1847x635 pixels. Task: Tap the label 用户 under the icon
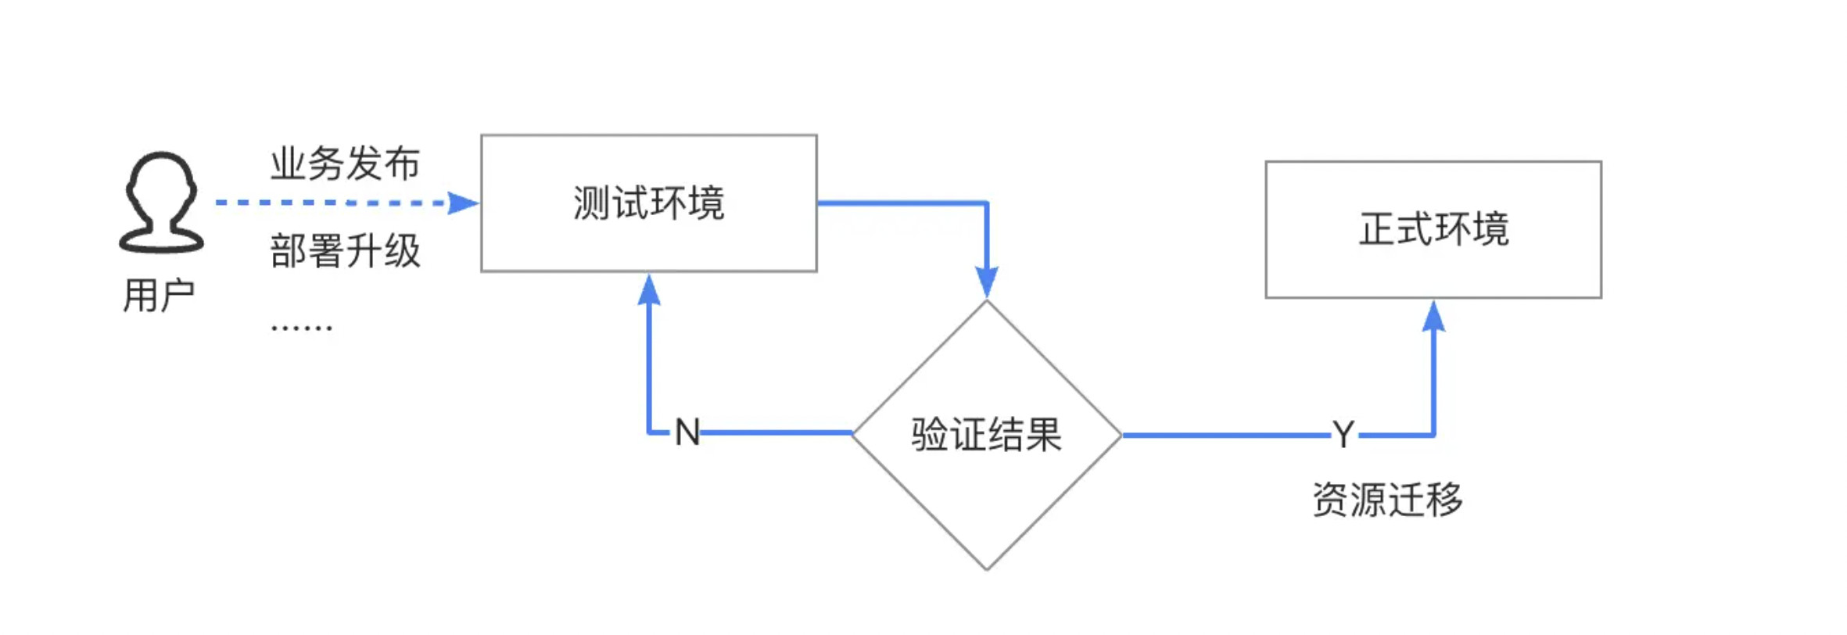[x=159, y=296]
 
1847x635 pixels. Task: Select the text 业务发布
[x=345, y=164]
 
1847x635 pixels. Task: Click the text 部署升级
[x=345, y=252]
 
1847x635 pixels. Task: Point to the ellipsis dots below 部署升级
[x=302, y=327]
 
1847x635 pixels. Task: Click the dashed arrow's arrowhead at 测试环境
[x=463, y=203]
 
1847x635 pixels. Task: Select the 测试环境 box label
[x=648, y=203]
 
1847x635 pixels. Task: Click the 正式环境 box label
[x=1433, y=230]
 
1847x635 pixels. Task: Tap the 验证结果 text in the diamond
[x=986, y=435]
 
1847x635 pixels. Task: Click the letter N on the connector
[x=687, y=432]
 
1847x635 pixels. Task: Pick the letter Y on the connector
[x=1343, y=435]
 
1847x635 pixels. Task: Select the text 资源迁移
[x=1387, y=500]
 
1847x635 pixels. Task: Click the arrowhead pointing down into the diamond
[x=987, y=282]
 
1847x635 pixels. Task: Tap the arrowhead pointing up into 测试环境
[x=649, y=289]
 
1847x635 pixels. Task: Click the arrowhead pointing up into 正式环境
[x=1433, y=316]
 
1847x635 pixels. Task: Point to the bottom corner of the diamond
[x=987, y=569]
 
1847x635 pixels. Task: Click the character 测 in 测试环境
[x=591, y=203]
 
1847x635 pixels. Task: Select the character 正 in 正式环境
[x=1377, y=230]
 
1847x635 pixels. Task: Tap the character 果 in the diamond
[x=1044, y=435]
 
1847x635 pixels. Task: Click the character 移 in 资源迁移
[x=1444, y=500]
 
